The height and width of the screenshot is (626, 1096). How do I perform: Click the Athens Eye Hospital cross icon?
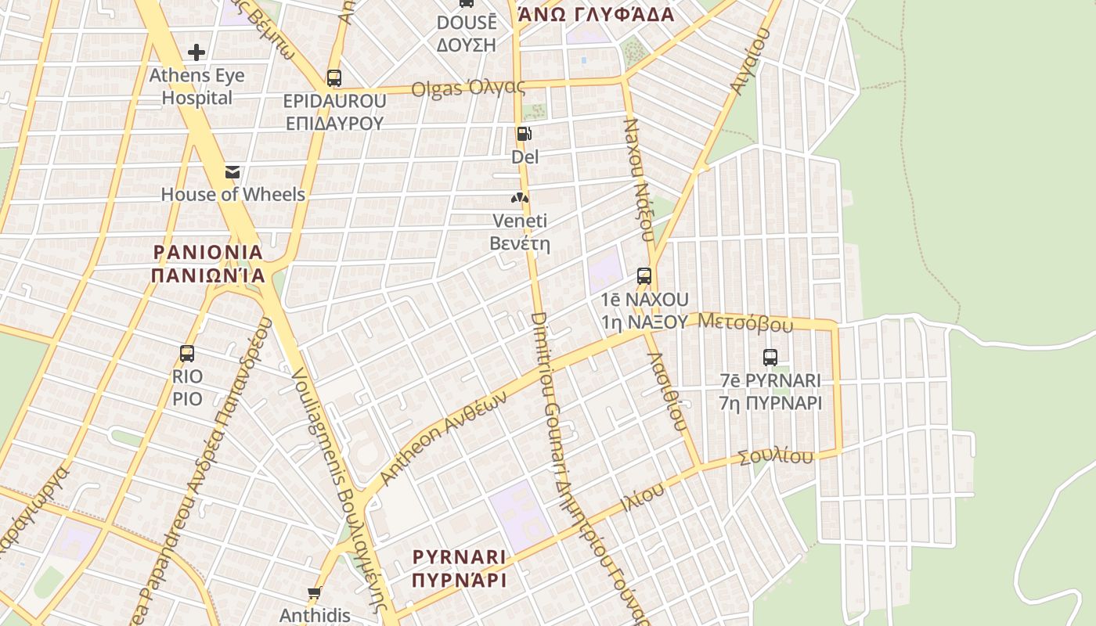(196, 52)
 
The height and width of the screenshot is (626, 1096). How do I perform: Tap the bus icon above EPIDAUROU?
(334, 78)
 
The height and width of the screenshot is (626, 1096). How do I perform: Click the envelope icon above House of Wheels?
(233, 172)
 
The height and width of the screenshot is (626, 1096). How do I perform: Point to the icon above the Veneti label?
(520, 199)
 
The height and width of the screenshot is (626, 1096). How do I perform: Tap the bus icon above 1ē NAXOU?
(644, 275)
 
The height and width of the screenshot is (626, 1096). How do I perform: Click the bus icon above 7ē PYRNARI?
(770, 358)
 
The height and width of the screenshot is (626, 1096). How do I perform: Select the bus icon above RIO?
(187, 353)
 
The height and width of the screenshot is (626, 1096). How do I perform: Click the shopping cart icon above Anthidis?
(315, 593)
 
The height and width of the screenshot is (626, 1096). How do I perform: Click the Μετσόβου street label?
(744, 322)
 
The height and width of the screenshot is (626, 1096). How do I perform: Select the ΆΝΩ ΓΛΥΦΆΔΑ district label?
(596, 14)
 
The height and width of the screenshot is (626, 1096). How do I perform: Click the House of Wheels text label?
(233, 194)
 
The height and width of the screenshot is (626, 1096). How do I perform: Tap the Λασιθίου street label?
(668, 391)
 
